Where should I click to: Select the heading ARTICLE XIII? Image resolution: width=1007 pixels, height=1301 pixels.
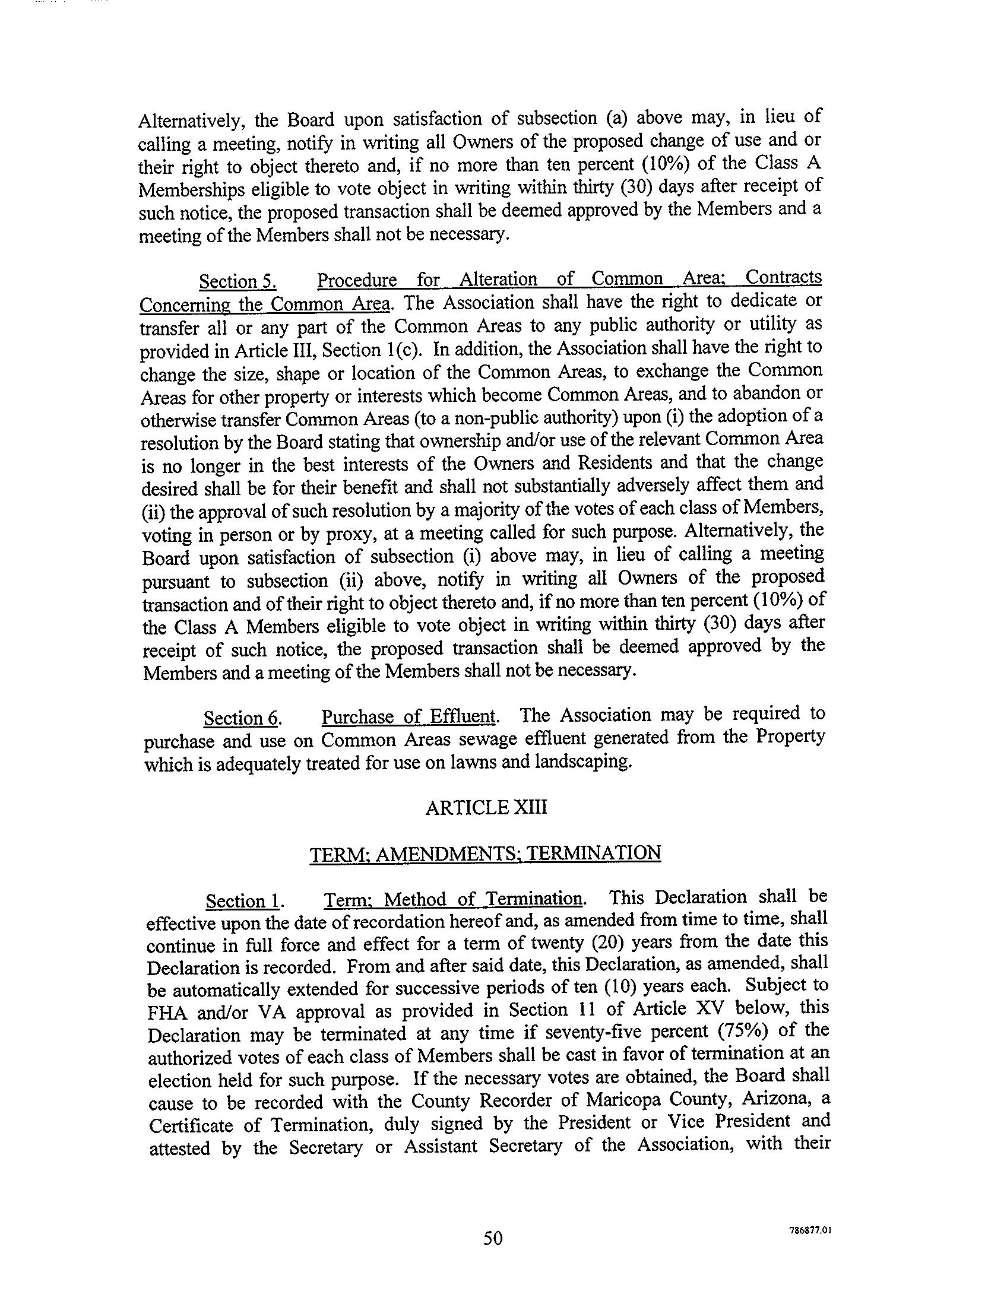coord(486,808)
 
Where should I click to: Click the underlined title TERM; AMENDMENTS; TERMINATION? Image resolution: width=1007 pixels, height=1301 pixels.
coord(485,853)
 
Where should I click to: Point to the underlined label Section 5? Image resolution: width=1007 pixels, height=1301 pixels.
coord(237,281)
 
